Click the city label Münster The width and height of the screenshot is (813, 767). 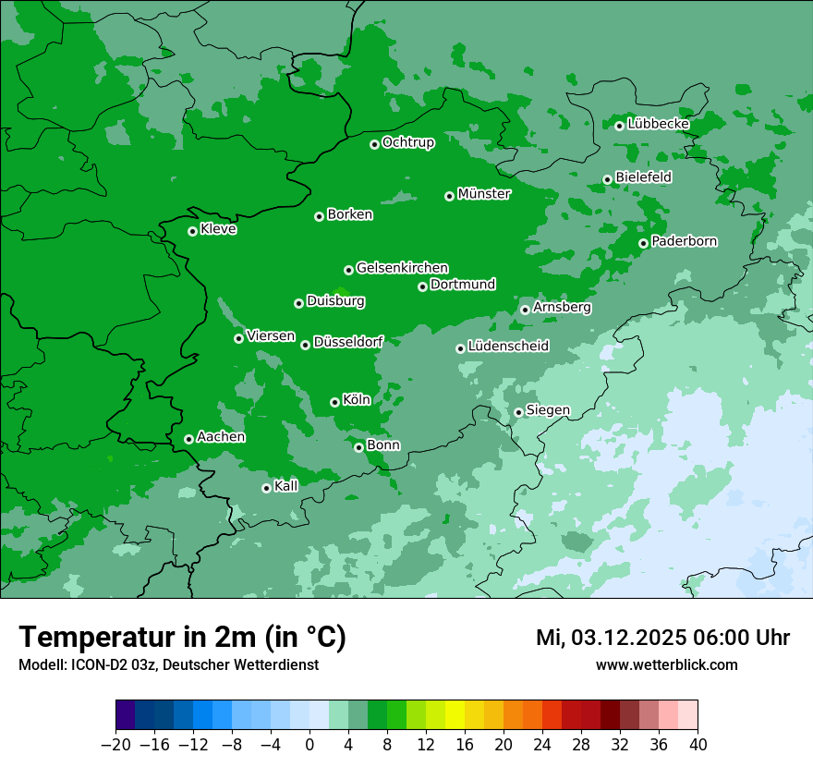point(484,194)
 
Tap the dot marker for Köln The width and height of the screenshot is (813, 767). point(334,402)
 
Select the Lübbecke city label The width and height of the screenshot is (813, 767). point(658,124)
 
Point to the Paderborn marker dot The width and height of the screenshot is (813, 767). point(643,243)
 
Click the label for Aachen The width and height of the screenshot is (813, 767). point(221,437)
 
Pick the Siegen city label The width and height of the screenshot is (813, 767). point(548,410)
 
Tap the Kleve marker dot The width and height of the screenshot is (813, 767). point(192,231)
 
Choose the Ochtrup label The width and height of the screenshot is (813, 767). point(407,142)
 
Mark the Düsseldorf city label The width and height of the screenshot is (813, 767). point(348,343)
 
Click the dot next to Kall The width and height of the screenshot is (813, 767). point(266,488)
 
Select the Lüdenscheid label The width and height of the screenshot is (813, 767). point(508,347)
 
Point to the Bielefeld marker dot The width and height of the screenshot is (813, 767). point(607,179)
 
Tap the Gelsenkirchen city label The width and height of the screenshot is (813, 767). point(402,268)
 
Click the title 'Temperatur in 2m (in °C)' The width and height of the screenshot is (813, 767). point(182,638)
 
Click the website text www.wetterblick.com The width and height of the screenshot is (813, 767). point(666,665)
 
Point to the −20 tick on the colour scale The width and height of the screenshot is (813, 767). point(115,745)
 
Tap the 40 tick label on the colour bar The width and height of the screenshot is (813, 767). point(698,745)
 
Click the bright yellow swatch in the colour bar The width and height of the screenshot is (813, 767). point(455,715)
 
